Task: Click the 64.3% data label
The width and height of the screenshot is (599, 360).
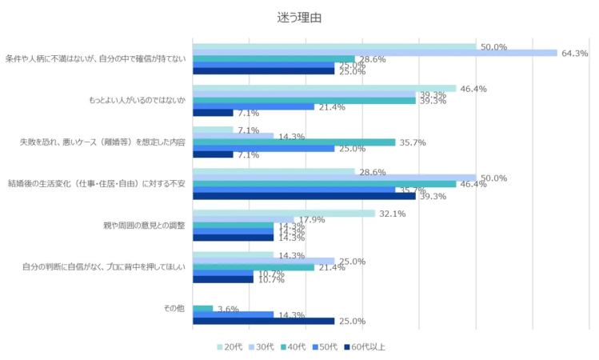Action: [x=574, y=54]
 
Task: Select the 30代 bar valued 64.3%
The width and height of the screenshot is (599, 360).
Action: [x=374, y=53]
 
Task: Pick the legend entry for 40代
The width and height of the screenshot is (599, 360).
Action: [x=294, y=346]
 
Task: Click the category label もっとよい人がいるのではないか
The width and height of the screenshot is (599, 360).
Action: [x=137, y=101]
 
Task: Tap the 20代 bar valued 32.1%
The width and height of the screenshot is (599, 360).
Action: [x=283, y=214]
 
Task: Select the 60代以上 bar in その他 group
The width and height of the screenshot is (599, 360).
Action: [x=263, y=321]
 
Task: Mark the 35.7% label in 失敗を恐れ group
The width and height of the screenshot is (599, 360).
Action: [x=413, y=142]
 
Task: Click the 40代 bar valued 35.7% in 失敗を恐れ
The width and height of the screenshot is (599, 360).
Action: [x=294, y=142]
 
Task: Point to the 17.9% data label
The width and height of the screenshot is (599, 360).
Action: [x=311, y=220]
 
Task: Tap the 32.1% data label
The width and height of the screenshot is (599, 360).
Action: [x=392, y=214]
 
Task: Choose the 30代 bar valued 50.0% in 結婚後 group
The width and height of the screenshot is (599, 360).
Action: [x=333, y=178]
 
